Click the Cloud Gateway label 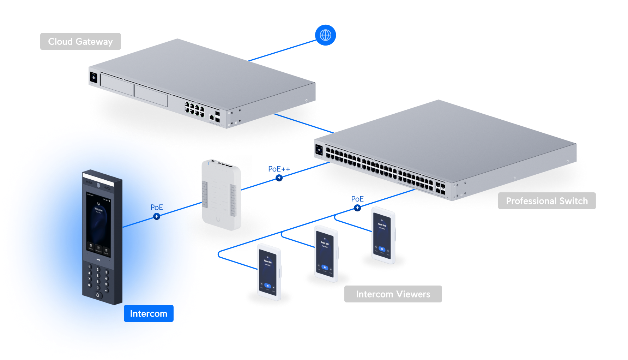coord(80,42)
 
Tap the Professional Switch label coord(547,201)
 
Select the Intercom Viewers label coord(393,294)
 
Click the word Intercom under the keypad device coord(148,314)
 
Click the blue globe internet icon coord(325,35)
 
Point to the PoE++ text coord(279,169)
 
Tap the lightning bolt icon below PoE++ coord(279,178)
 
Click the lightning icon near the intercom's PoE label coord(157,216)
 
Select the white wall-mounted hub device coord(222,195)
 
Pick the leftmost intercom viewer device coord(269,272)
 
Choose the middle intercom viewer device coord(326,253)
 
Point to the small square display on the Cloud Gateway coord(93,77)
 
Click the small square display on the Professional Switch coord(319,150)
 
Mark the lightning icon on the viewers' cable coord(357,208)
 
